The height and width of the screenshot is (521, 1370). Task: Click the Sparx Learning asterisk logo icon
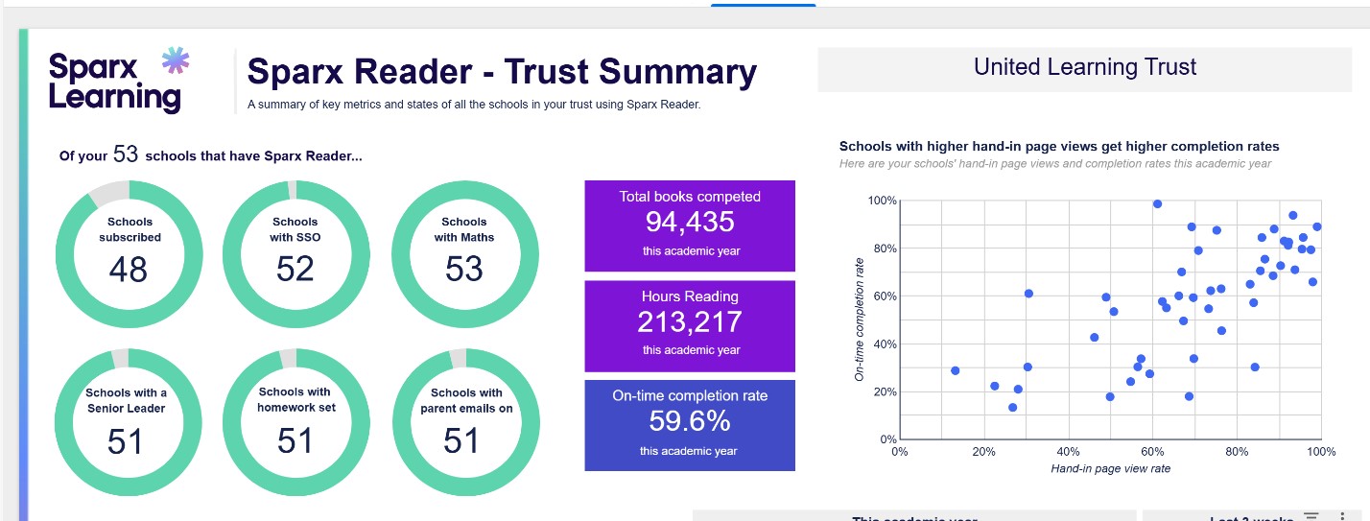tap(175, 61)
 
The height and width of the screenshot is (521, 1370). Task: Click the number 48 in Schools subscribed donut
tap(128, 270)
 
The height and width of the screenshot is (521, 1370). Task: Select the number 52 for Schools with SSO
tap(295, 270)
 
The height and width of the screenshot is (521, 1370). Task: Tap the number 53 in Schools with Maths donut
tap(463, 270)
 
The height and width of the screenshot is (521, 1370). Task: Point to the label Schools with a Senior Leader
tap(126, 400)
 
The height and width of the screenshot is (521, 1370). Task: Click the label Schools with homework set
tap(295, 398)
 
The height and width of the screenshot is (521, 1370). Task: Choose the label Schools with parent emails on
tap(466, 399)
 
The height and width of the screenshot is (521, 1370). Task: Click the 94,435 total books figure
tap(689, 223)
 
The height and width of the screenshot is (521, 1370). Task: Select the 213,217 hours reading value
tap(689, 321)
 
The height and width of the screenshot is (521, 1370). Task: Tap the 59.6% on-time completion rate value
tap(689, 421)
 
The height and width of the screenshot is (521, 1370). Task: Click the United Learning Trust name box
tap(1085, 67)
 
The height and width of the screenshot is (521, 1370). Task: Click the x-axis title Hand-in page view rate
tap(1110, 468)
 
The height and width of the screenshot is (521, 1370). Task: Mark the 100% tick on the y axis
tap(881, 201)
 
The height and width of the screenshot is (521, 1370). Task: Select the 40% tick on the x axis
tap(1068, 451)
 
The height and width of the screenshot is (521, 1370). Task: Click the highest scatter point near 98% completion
tap(1157, 203)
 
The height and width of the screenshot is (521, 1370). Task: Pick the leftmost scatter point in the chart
tap(955, 370)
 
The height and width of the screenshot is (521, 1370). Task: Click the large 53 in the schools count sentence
tap(126, 154)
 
